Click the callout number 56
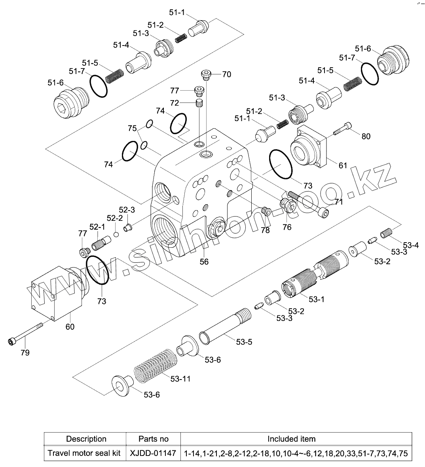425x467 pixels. click(204, 262)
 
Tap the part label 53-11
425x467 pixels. click(180, 379)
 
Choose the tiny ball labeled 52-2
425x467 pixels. click(116, 234)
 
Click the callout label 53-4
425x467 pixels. click(411, 245)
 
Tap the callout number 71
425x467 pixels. click(338, 202)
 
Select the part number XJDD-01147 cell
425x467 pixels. click(153, 453)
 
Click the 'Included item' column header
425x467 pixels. click(291, 439)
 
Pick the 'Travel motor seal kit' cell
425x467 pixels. click(84, 453)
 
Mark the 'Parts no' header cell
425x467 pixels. click(153, 439)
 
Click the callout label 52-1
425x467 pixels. click(97, 227)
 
